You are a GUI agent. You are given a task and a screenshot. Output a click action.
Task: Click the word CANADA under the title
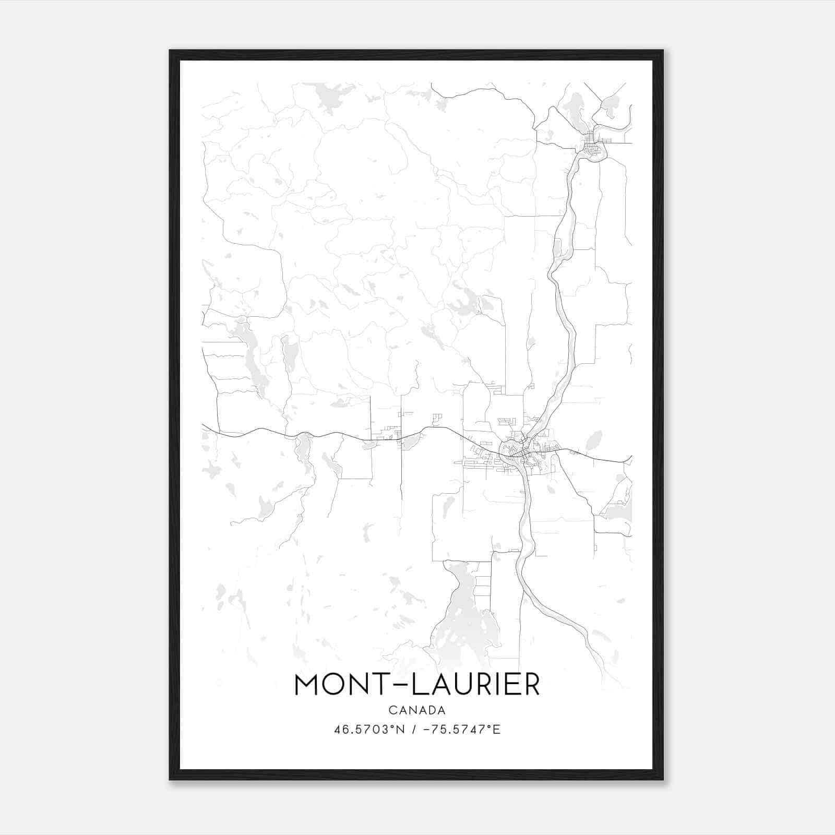416,710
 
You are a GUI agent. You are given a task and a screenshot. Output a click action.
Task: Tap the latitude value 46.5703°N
369,730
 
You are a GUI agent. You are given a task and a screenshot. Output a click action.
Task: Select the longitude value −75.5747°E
461,730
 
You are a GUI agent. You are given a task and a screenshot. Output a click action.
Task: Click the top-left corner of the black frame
171,51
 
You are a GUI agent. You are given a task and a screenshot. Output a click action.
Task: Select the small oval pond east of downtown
594,441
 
